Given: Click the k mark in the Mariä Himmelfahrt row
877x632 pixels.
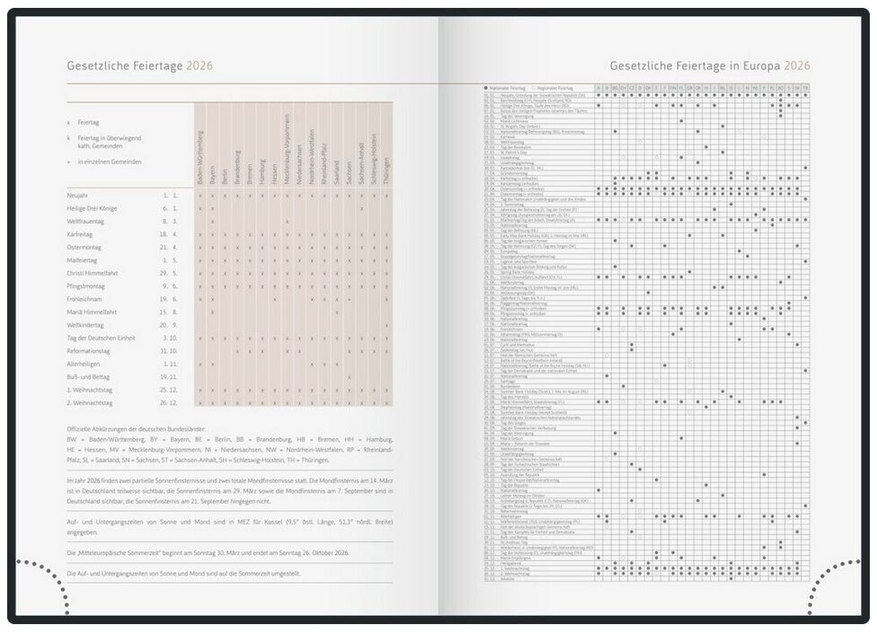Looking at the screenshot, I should pyautogui.click(x=212, y=312).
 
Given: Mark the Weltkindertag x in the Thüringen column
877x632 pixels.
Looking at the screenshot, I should pyautogui.click(x=386, y=325).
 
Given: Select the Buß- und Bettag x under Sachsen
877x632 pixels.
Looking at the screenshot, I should pyautogui.click(x=349, y=377).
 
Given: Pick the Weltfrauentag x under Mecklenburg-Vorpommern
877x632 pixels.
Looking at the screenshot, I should pyautogui.click(x=287, y=221).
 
